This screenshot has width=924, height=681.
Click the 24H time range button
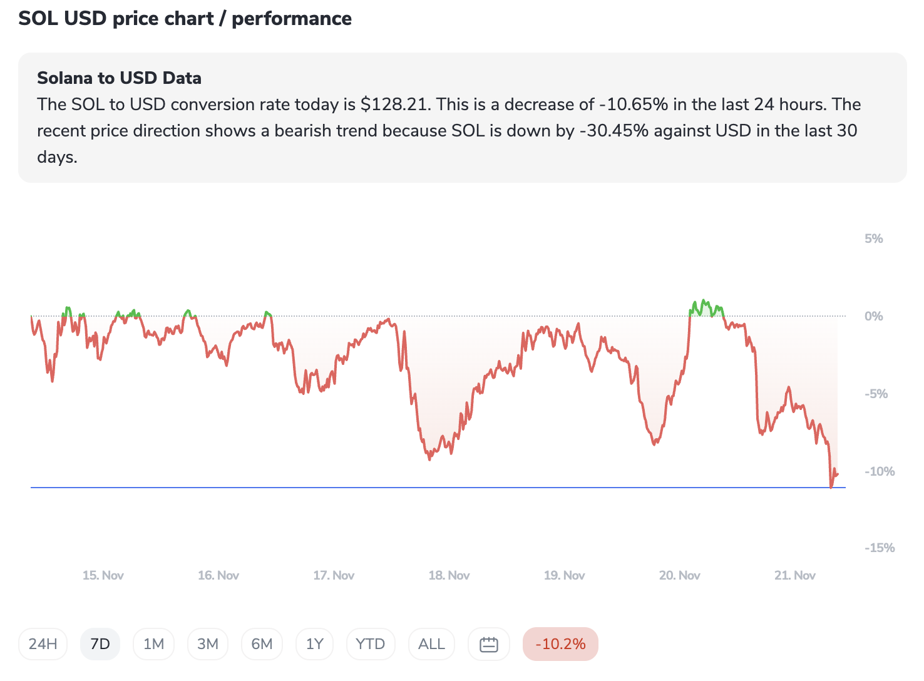(x=43, y=644)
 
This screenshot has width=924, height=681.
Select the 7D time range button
(x=100, y=644)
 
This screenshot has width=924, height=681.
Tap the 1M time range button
(x=153, y=644)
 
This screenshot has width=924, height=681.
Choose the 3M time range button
(x=208, y=644)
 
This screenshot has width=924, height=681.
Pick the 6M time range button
(x=262, y=644)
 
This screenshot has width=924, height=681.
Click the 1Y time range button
(x=314, y=644)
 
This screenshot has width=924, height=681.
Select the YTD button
(x=370, y=644)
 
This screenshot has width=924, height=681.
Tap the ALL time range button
(x=431, y=644)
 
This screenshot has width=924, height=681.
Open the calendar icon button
(x=488, y=644)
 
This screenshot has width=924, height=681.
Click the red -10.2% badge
(x=560, y=644)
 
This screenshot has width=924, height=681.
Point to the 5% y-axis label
(x=873, y=238)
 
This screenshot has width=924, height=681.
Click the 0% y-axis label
(x=873, y=316)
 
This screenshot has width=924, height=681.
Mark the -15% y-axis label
(x=880, y=548)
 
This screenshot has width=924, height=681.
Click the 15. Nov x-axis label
(x=103, y=575)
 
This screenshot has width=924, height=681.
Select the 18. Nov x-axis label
(x=449, y=575)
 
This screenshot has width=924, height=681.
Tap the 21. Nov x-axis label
(x=794, y=575)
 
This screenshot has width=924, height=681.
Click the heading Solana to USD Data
(x=119, y=78)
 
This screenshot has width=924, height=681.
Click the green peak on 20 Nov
(x=704, y=303)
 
